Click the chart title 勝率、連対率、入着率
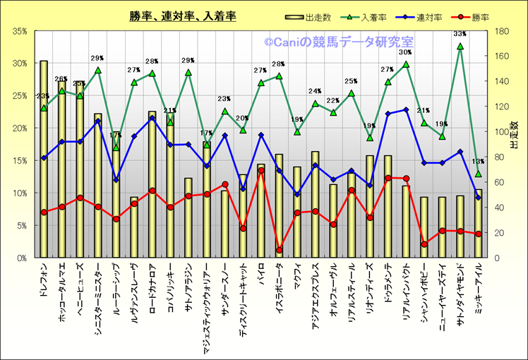coord(182,15)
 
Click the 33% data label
coord(460,34)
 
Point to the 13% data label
coord(478,161)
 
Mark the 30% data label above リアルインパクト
coord(405,52)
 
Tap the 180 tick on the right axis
coord(503,31)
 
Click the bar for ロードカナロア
coord(152,184)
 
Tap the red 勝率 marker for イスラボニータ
coord(280,250)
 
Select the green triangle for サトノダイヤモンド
coord(460,47)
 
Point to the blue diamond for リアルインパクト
coord(406,109)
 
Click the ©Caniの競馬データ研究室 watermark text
coord(339,42)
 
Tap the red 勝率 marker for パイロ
coord(261,170)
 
